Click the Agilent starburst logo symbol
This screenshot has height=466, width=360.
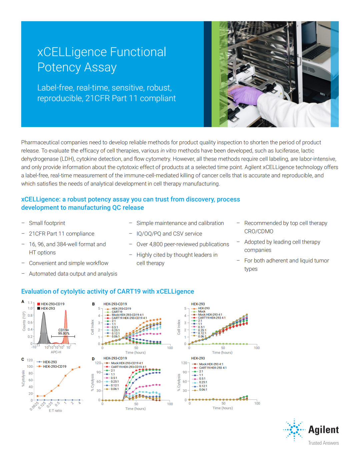pos(294,429)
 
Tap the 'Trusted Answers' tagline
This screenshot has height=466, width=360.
pos(323,443)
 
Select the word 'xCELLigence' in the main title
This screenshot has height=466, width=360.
pos(72,52)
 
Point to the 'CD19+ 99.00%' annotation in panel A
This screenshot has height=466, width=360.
pos(64,332)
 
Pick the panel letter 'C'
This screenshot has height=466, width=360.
pos(23,359)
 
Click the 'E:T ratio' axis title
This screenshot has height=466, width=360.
pos(55,411)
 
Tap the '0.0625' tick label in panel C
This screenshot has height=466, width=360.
pos(34,406)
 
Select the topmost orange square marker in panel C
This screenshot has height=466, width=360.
pos(79,367)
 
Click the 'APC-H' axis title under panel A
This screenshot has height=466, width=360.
pos(56,352)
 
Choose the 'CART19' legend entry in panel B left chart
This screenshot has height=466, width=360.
pos(117,312)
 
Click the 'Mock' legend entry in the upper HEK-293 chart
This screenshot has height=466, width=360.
pos(202,312)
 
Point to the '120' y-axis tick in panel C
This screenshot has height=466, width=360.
pos(30,360)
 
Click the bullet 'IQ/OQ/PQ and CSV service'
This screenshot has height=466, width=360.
pos(169,234)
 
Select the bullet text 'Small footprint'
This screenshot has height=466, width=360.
pos(47,223)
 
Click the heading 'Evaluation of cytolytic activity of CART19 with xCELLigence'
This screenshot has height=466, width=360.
pos(107,291)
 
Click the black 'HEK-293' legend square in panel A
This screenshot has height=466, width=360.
pos(39,308)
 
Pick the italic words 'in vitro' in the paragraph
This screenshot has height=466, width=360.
pos(168,151)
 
